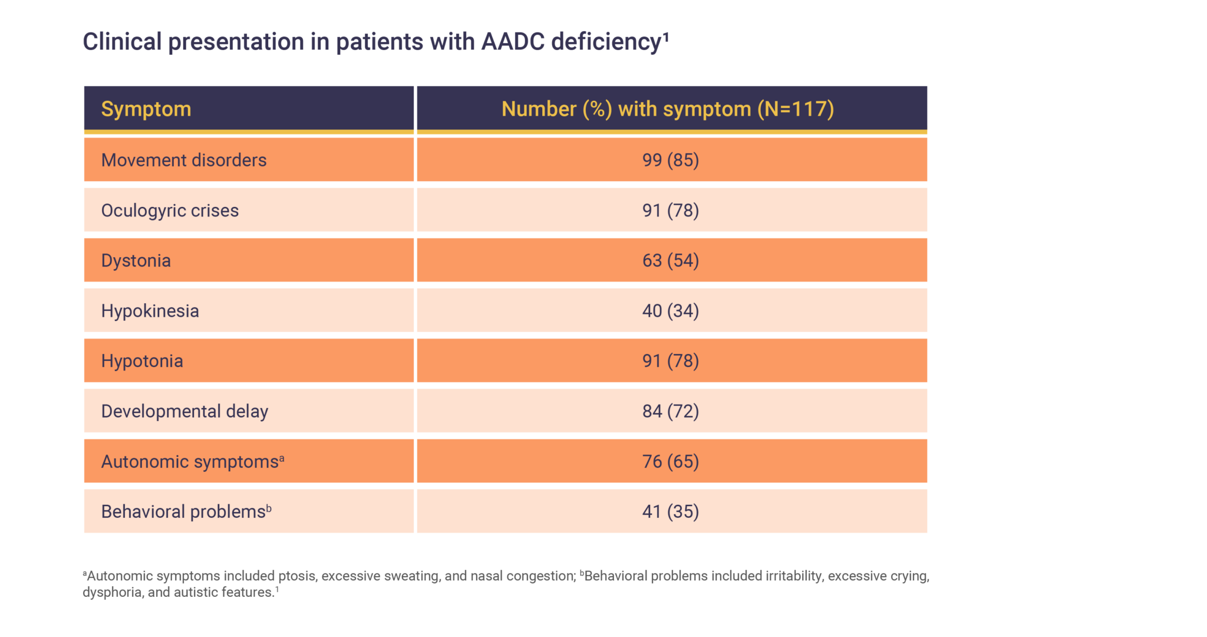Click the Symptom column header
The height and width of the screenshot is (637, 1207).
146,109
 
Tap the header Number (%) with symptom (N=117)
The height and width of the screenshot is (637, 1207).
668,109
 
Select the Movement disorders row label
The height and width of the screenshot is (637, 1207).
184,160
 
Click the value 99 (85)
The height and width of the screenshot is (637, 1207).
671,160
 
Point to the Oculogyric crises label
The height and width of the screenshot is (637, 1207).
170,211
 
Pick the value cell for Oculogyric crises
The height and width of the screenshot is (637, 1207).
671,211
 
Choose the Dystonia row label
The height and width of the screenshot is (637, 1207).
136,261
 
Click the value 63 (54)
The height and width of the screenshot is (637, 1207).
671,261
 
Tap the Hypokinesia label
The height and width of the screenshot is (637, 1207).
150,311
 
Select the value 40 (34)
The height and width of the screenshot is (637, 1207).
671,311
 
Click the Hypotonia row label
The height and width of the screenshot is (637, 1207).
142,361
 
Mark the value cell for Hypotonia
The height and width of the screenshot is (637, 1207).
671,361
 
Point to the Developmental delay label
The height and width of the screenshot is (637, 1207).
184,411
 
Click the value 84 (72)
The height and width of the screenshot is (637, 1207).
671,411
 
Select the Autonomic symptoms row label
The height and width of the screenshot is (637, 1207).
190,461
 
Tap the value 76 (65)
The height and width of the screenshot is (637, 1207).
671,461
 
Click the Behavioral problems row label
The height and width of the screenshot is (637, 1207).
184,511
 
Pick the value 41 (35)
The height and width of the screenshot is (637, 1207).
671,511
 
